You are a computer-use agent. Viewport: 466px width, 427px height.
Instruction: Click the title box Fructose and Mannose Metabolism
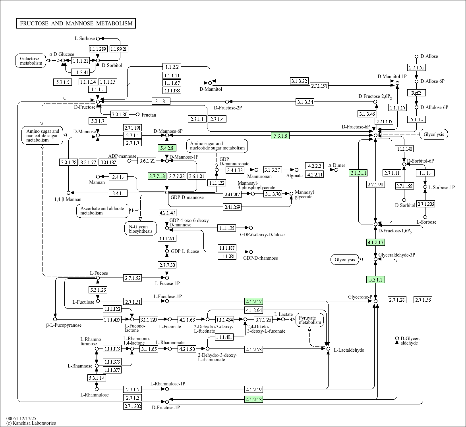coord(76,23)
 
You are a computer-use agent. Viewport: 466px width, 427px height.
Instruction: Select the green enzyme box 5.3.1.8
coord(280,136)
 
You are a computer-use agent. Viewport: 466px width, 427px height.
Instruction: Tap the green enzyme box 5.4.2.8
coord(167,148)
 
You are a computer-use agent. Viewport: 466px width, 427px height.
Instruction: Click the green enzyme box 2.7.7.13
coord(157,176)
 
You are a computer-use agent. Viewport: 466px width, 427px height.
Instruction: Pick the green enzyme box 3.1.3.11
coord(358,173)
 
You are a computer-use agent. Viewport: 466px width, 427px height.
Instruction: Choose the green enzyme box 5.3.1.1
coord(375,280)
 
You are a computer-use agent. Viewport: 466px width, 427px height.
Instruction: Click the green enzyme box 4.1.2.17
coord(254,301)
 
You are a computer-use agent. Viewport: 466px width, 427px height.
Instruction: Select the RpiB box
coord(416,93)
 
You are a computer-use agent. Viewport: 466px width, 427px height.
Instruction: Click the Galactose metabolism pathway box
coord(31,61)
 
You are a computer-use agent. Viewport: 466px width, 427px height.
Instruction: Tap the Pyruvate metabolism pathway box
coord(310,320)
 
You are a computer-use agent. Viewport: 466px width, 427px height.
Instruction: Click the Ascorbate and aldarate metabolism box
coord(102,211)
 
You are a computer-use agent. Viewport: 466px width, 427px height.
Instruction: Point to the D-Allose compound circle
coord(416,57)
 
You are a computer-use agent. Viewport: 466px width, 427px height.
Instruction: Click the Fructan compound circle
coord(138,115)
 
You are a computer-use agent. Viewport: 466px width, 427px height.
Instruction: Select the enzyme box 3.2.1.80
coord(120,115)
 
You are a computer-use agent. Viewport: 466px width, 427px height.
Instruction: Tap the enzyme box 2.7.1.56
coord(423,300)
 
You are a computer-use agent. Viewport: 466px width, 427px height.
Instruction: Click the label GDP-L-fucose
coord(185,251)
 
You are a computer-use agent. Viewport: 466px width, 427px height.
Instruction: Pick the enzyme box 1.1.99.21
coord(119,49)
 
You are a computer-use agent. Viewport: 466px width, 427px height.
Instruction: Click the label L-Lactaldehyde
coord(349,350)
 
